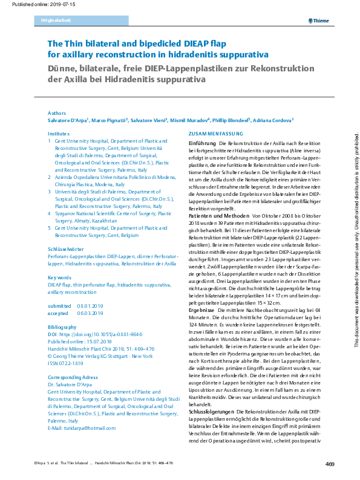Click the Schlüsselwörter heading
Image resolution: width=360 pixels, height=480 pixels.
66,250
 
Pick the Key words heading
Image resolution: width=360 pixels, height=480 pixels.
60,277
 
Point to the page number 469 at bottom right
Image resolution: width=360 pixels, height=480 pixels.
330,464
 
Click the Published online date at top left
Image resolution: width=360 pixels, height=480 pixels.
31,4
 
